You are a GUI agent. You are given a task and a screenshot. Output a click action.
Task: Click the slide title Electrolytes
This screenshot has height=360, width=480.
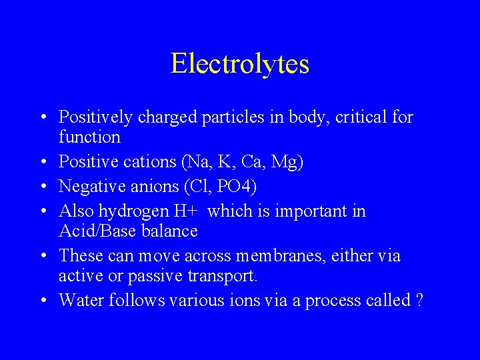tap(240, 64)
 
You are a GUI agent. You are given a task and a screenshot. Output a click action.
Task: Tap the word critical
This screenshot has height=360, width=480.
tap(359, 117)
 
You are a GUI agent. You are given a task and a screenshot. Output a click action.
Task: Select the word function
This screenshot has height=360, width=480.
tap(89, 137)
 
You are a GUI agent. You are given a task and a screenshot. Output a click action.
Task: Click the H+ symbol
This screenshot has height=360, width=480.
tap(188, 211)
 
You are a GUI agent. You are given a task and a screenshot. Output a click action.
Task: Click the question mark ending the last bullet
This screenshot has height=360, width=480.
tap(419, 300)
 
